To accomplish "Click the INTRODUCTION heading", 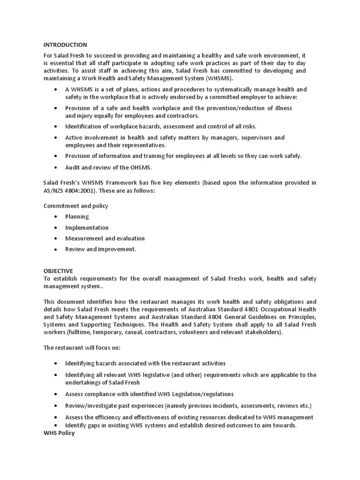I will (65, 45).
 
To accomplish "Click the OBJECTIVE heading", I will (58, 271).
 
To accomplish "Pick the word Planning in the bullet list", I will (77, 217).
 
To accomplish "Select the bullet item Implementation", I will (87, 227).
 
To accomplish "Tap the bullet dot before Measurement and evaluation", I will (56, 239).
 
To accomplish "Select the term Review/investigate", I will (89, 405).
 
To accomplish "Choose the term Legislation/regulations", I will (204, 394).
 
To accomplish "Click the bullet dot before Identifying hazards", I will (56, 363).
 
